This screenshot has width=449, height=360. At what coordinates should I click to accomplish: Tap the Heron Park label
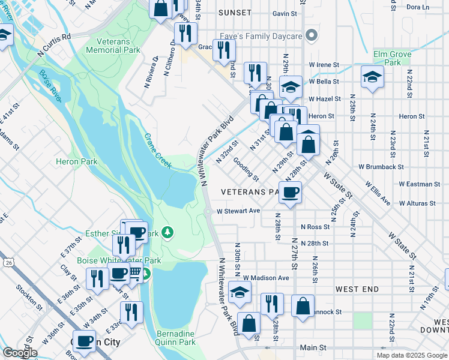pyautogui.click(x=76, y=161)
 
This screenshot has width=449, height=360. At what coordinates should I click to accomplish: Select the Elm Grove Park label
pyautogui.click(x=388, y=58)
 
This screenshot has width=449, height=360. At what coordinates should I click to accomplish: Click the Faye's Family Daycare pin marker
pyautogui.click(x=311, y=36)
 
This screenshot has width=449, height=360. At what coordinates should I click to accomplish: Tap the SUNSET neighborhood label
pyautogui.click(x=235, y=13)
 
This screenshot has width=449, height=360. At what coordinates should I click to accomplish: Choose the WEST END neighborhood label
pyautogui.click(x=357, y=289)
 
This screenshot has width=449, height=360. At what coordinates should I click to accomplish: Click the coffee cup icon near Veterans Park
pyautogui.click(x=290, y=193)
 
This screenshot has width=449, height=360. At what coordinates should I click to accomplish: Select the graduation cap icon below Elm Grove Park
pyautogui.click(x=373, y=77)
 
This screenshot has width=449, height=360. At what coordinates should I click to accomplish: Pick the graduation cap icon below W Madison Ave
pyautogui.click(x=240, y=292)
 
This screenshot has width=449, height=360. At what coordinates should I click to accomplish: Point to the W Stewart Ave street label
pyautogui.click(x=238, y=211)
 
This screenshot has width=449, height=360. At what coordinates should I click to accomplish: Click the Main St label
pyautogui.click(x=313, y=347)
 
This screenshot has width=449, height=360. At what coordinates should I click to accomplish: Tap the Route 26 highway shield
pyautogui.click(x=8, y=262)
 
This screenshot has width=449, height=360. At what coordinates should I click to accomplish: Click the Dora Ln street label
pyautogui.click(x=418, y=7)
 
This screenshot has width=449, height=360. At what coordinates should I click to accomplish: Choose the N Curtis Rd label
pyautogui.click(x=54, y=46)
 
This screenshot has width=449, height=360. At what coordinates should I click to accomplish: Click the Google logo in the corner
pyautogui.click(x=19, y=353)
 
